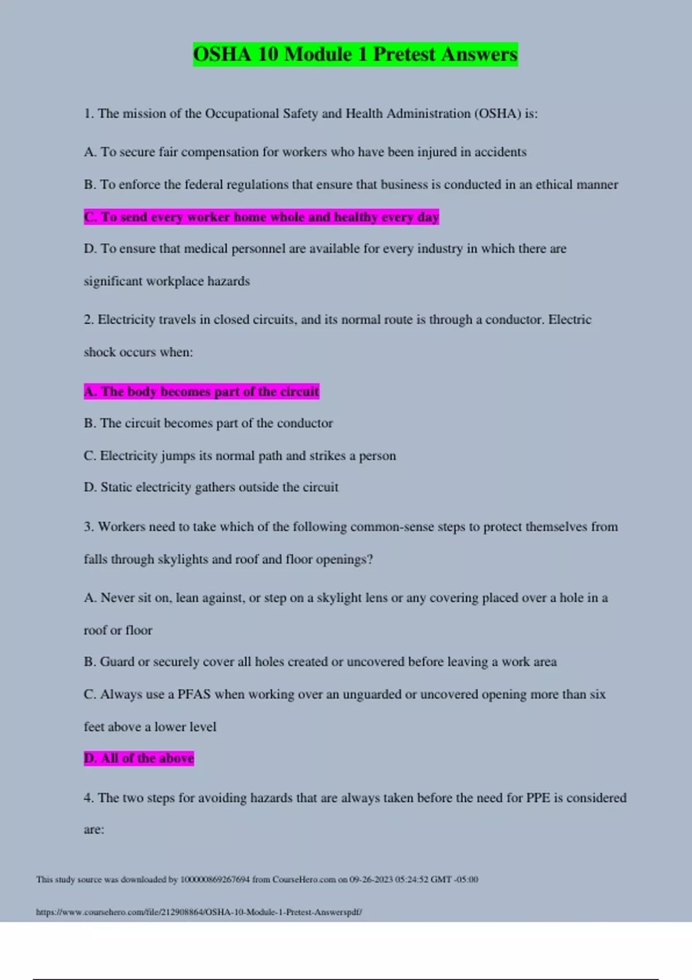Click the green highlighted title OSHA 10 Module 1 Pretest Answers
click(x=355, y=54)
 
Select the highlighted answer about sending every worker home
click(x=261, y=217)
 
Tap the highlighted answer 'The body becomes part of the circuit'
click(x=201, y=391)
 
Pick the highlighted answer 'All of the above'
click(x=139, y=758)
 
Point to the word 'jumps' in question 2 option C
click(x=178, y=456)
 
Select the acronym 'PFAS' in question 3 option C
click(x=194, y=695)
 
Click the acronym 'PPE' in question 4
click(x=538, y=798)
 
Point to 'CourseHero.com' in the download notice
click(x=304, y=880)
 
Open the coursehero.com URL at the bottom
click(x=199, y=912)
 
